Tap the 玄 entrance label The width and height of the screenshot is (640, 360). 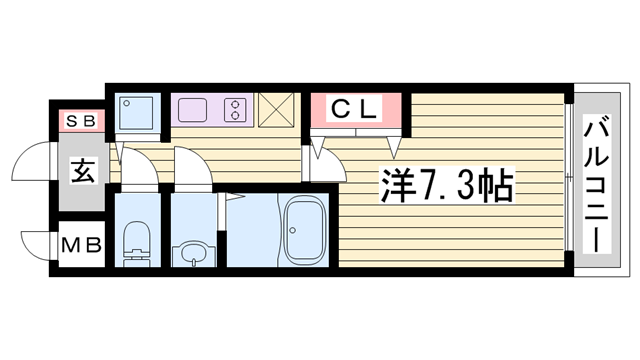(82, 171)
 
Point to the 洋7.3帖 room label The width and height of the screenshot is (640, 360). (446, 184)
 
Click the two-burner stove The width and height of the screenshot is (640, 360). (237, 108)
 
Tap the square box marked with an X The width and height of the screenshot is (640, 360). (277, 110)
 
